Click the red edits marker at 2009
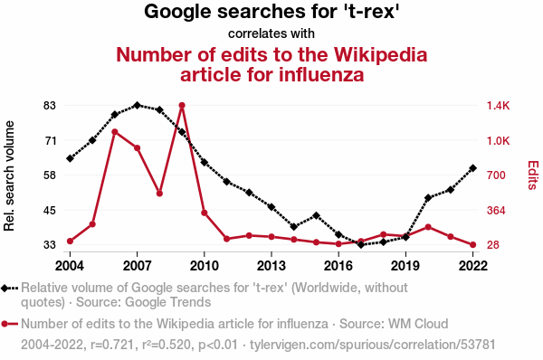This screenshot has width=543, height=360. pyautogui.click(x=182, y=105)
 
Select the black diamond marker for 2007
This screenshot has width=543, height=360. pyautogui.click(x=138, y=105)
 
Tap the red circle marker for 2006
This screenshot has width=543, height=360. pyautogui.click(x=115, y=132)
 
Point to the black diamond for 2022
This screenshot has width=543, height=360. pyautogui.click(x=472, y=168)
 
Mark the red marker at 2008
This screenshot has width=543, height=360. pyautogui.click(x=159, y=194)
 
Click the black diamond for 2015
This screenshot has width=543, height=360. pyautogui.click(x=316, y=215)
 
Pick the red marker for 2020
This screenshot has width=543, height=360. pyautogui.click(x=428, y=227)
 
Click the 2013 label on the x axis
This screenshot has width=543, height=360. pyautogui.click(x=271, y=266)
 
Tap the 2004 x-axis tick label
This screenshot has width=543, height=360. pyautogui.click(x=70, y=266)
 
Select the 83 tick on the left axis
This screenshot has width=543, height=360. pyautogui.click(x=50, y=105)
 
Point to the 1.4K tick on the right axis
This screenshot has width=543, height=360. pyautogui.click(x=499, y=105)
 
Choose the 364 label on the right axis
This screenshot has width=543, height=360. pyautogui.click(x=496, y=210)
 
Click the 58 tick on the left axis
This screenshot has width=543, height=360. pyautogui.click(x=50, y=175)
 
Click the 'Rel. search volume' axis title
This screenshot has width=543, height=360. pyautogui.click(x=9, y=175)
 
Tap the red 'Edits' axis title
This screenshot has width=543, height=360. pyautogui.click(x=533, y=175)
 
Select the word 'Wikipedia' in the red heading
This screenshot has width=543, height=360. pyautogui.click(x=381, y=54)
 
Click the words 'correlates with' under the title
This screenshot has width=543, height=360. pyautogui.click(x=271, y=33)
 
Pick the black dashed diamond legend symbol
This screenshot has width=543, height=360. pyautogui.click(x=9, y=288)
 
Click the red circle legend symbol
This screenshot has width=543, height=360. pyautogui.click(x=9, y=324)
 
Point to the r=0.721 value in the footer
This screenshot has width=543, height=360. pyautogui.click(x=112, y=345)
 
